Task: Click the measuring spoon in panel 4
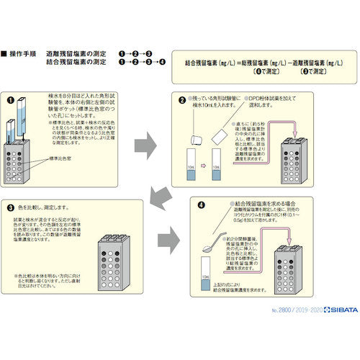pos(210,245)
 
